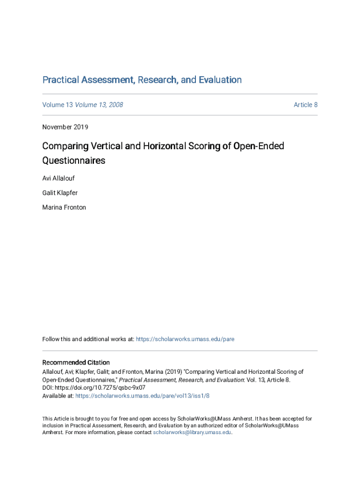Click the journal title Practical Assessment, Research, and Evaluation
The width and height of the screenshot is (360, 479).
pos(142,80)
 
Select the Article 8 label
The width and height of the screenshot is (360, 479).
pos(305,105)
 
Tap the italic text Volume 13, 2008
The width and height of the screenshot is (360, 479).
pos(99,105)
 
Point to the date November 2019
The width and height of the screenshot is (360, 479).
pos(65,127)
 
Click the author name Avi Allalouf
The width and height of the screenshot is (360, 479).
pos(58,178)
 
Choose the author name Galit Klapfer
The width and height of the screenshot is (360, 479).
pos(60,193)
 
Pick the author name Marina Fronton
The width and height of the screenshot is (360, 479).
pos(64,207)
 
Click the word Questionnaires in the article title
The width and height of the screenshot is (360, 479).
pos(74,161)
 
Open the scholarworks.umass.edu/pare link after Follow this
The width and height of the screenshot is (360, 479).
pos(185,339)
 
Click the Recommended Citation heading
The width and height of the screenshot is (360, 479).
pos(76,363)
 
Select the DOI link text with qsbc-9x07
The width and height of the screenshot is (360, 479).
pos(100,388)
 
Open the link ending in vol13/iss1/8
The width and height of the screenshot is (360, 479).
pos(142,396)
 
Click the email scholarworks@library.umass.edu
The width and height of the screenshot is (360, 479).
pos(192,433)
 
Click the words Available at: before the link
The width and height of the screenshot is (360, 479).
pos(58,396)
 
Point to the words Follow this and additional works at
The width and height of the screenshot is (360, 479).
pos(88,339)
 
